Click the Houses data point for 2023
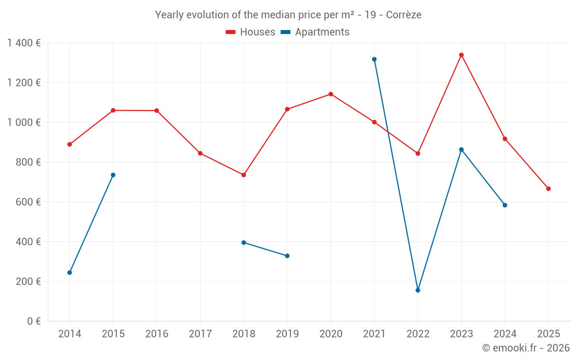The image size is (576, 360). [461, 55]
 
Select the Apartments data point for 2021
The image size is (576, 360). [374, 59]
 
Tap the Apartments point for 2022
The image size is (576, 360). [418, 290]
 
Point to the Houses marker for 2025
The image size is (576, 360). [548, 189]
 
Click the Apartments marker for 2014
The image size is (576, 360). [70, 272]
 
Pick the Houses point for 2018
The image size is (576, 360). [244, 175]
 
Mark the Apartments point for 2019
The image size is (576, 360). [287, 256]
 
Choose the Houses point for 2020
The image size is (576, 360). [331, 94]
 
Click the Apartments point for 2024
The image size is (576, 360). [505, 205]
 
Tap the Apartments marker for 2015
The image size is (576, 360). [113, 175]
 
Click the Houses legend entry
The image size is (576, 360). [251, 32]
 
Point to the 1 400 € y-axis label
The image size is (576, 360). [24, 43]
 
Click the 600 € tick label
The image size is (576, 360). [29, 202]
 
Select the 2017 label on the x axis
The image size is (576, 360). [200, 334]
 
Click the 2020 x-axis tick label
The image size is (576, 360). [331, 334]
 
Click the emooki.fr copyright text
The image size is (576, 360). [526, 348]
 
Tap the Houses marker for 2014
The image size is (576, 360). [70, 145]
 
